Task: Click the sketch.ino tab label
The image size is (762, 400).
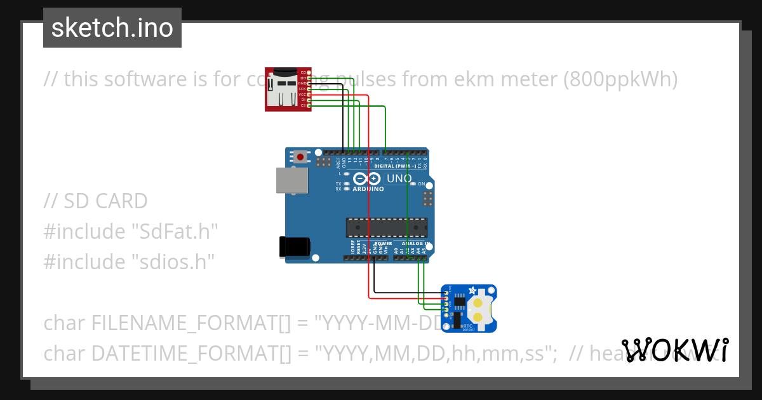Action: click(x=112, y=28)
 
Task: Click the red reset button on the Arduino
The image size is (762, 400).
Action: click(x=300, y=156)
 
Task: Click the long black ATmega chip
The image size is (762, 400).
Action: click(x=386, y=227)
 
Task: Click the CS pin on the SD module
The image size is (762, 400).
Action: click(x=309, y=105)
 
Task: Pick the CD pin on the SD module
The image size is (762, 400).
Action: click(x=309, y=72)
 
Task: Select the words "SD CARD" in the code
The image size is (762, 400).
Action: click(x=105, y=201)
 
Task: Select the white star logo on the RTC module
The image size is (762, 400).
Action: click(x=472, y=290)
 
